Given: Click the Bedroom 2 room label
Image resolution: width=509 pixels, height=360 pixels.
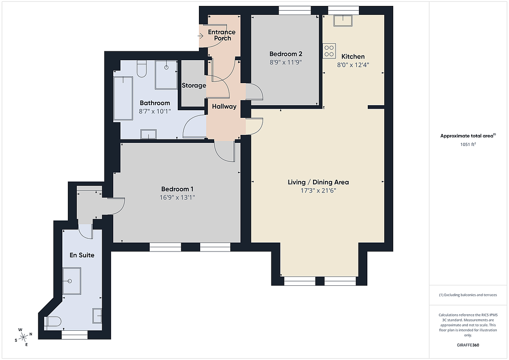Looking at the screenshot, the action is point(285,54).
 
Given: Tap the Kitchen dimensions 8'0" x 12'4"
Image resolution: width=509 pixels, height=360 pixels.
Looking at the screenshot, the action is point(353,65).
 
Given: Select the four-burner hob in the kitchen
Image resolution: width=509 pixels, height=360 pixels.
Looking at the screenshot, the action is point(329,51).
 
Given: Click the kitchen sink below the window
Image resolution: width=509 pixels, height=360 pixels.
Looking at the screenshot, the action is point(343,21).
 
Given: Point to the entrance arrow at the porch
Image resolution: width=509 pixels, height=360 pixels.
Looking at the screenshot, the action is point(200,36).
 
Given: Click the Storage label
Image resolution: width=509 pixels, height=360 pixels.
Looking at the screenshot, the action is point(194,85).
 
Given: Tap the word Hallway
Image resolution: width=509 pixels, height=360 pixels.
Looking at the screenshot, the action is point(224,106).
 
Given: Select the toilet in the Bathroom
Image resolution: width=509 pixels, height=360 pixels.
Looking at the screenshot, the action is point(142,69).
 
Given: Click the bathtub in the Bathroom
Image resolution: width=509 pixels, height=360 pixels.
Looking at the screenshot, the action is point(123,98).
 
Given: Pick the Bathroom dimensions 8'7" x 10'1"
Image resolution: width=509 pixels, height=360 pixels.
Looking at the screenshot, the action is point(155,111).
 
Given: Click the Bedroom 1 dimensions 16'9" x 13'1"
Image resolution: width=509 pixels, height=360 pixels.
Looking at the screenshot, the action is point(177,197).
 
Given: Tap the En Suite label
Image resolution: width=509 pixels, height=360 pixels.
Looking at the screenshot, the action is point(82,255).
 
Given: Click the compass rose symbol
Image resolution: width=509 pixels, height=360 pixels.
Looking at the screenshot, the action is point(23,337).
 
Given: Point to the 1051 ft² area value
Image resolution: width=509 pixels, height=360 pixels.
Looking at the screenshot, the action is point(468,144).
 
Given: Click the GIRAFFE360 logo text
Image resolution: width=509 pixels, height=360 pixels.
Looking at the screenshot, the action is point(468,345).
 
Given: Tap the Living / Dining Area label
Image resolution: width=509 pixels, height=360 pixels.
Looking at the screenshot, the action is point(318,182).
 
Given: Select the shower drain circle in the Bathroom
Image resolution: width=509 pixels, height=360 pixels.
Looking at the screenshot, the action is point(166,67).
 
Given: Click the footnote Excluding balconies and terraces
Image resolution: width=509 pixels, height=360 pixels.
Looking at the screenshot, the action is point(468,295).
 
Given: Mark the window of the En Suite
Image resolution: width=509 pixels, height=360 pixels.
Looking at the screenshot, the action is point(75,335).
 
